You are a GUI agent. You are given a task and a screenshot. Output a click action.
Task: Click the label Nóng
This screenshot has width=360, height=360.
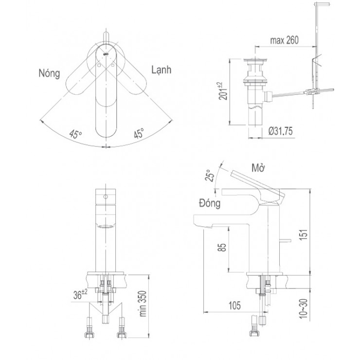coord(49,73)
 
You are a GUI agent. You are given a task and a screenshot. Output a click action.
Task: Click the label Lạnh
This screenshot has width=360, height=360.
coord(161,70)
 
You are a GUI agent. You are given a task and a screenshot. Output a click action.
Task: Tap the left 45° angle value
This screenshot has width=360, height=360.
coord(75,135)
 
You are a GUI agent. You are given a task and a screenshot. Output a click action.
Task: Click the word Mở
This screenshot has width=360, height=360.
coord(258,168)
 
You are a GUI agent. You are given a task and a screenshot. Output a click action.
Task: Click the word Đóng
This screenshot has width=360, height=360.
coord(209,203)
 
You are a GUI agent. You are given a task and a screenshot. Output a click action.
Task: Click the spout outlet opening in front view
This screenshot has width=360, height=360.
coord(106,227)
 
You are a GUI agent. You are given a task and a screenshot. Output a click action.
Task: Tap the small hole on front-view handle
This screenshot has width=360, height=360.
coord(106,198)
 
